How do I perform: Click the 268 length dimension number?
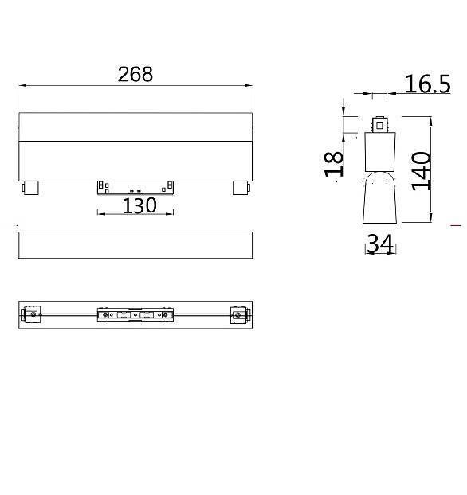[x=135, y=74]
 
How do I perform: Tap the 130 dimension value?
[x=139, y=206]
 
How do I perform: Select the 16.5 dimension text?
[x=426, y=84]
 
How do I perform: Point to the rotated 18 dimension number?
[x=336, y=163]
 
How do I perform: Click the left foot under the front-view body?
[x=29, y=189]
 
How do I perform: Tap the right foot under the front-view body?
[x=240, y=189]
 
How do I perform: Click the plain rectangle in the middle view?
[x=135, y=245]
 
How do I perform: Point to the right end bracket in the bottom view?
[x=237, y=315]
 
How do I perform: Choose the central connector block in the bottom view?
[x=135, y=315]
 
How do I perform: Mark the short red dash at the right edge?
[x=456, y=226]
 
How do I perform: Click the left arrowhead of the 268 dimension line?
[x=22, y=85]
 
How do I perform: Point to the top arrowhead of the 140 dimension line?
[x=431, y=120]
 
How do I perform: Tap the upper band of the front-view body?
[x=135, y=127]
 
